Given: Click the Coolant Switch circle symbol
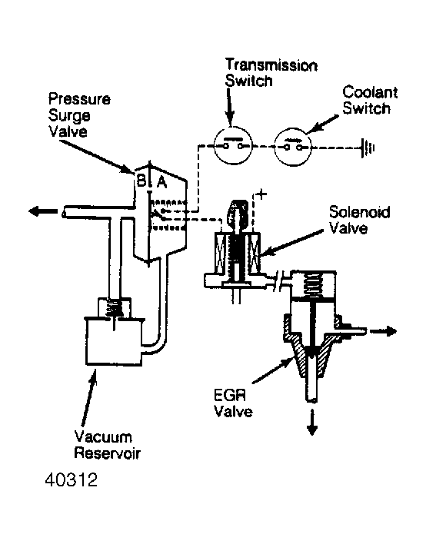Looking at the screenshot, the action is pyautogui.click(x=293, y=147).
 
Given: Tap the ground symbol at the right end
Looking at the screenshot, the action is pyautogui.click(x=368, y=148).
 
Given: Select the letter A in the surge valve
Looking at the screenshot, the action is pyautogui.click(x=161, y=182).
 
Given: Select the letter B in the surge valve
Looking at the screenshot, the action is pyautogui.click(x=141, y=181).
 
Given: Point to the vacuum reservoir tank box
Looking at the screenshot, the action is pyautogui.click(x=114, y=340).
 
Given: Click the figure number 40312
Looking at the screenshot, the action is pyautogui.click(x=72, y=480).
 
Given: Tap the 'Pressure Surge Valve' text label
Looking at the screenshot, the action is pyautogui.click(x=79, y=115).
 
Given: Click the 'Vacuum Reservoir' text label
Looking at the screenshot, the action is pyautogui.click(x=108, y=445).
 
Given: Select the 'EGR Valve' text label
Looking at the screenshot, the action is pyautogui.click(x=233, y=403).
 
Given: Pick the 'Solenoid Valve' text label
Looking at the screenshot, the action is pyautogui.click(x=359, y=220).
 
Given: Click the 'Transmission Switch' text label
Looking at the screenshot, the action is pyautogui.click(x=271, y=73).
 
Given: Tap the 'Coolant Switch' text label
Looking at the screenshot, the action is pyautogui.click(x=370, y=100).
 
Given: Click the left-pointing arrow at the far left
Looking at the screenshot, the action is pyautogui.click(x=44, y=211).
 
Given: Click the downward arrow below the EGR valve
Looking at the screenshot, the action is pyautogui.click(x=312, y=422).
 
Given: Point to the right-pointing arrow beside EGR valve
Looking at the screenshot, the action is pyautogui.click(x=383, y=331).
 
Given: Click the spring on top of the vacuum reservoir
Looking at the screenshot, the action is pyautogui.click(x=115, y=308).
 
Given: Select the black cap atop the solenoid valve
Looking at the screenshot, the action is pyautogui.click(x=237, y=211).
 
